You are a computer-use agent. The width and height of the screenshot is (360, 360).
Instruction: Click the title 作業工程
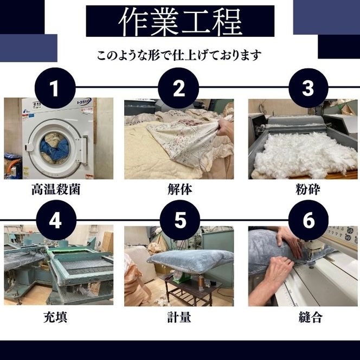(180, 21)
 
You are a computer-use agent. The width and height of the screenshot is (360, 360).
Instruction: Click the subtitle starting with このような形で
(179, 55)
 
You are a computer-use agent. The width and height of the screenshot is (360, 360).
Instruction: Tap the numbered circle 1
(54, 88)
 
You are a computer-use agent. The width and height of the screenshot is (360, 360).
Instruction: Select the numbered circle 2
(178, 88)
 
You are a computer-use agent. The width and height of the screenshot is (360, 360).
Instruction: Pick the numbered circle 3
(307, 88)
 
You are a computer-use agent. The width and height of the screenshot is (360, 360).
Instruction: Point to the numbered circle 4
(54, 221)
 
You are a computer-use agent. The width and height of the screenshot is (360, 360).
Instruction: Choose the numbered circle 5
(180, 221)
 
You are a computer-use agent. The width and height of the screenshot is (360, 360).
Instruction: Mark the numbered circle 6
(307, 221)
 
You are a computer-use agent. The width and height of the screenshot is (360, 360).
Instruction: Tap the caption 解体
(179, 190)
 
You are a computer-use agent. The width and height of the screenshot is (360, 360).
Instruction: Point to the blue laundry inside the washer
(54, 147)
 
